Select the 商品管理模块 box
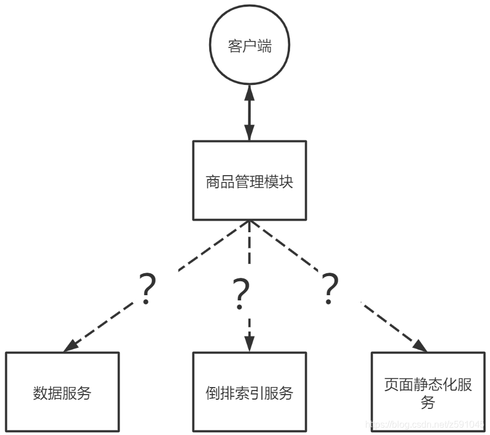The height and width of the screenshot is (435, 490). tap(249, 180)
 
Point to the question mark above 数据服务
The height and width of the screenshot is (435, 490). tap(148, 289)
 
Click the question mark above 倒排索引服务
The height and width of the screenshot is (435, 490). tap(241, 294)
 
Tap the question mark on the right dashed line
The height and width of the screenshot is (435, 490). tap(329, 289)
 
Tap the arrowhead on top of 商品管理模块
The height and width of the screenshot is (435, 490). tap(249, 135)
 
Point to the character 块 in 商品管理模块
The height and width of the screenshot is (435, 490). tap(286, 183)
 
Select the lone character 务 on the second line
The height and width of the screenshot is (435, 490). tap(428, 402)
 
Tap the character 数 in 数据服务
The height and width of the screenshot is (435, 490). tap(40, 394)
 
